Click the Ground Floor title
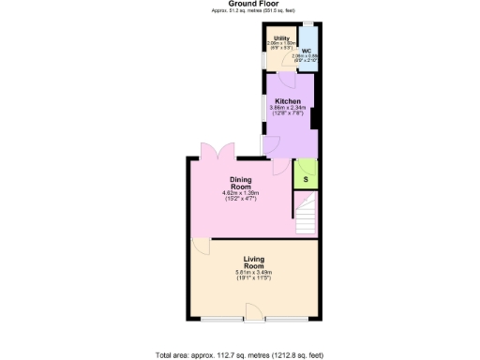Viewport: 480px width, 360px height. point(239,4)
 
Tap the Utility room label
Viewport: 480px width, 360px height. point(281,38)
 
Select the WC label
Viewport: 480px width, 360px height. point(307,51)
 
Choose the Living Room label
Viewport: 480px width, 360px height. point(254,262)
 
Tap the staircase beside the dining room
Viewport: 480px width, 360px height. point(305,216)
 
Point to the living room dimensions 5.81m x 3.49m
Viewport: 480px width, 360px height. point(254,273)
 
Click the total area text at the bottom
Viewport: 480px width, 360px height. point(239,355)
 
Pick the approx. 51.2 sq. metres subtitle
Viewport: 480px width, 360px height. point(239,11)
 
